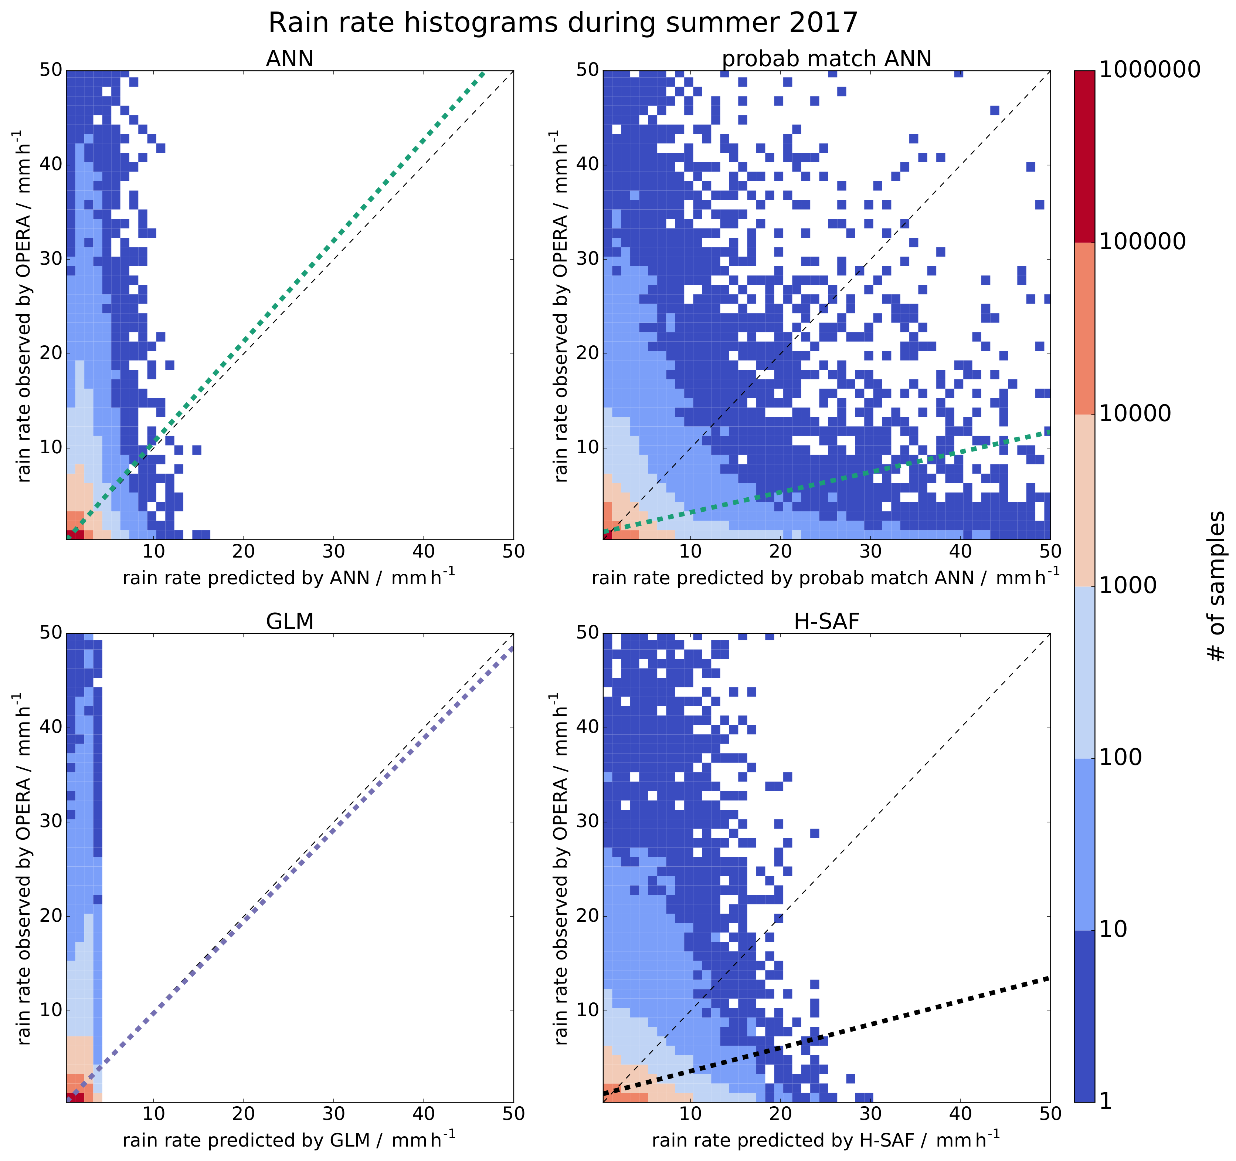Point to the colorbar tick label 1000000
[x=1150, y=70]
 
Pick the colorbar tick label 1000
[x=1127, y=586]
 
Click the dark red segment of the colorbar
[x=1084, y=155]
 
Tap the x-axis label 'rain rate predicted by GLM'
[x=289, y=1140]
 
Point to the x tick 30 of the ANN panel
[x=333, y=552]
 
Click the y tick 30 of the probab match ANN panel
[x=586, y=259]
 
